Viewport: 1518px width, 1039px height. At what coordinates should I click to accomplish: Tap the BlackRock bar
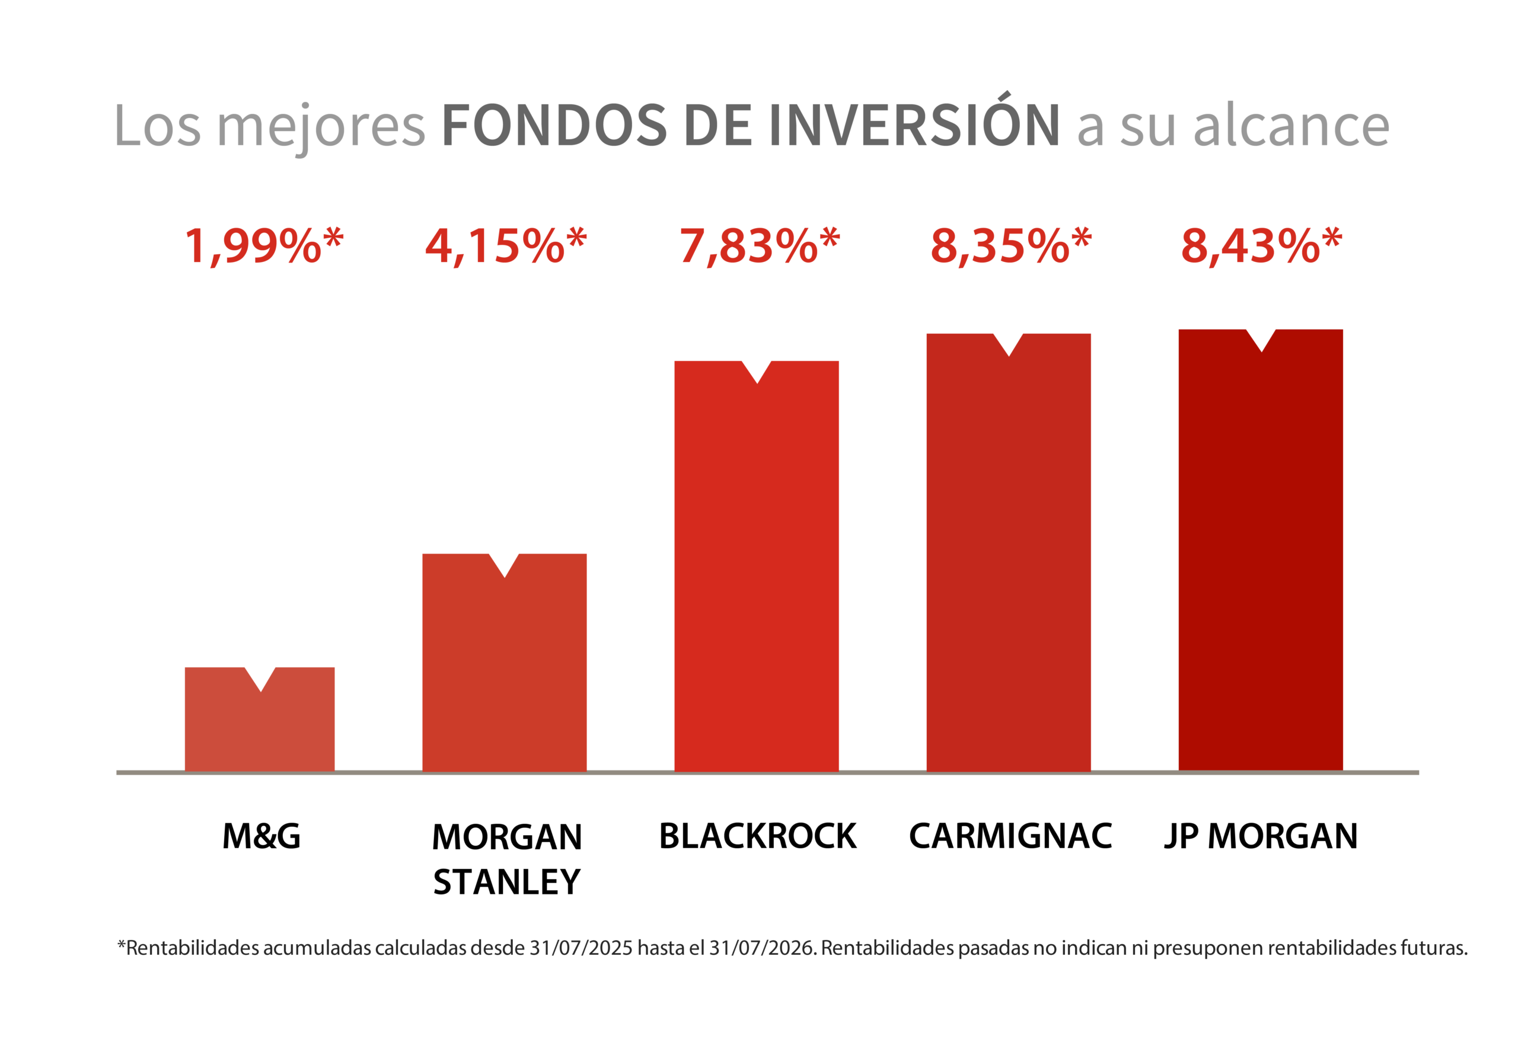click(757, 575)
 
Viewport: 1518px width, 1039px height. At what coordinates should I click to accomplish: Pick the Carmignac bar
click(1009, 562)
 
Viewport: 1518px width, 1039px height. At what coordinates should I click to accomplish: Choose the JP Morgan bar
click(1261, 559)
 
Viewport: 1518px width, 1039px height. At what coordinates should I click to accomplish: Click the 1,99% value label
click(264, 246)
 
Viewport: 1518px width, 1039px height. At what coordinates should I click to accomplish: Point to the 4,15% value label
click(506, 246)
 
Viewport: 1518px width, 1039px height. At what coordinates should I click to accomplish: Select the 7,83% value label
click(760, 246)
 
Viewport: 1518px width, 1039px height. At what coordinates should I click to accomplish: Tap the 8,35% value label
click(1011, 246)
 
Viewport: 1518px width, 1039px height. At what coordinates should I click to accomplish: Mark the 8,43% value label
click(1262, 246)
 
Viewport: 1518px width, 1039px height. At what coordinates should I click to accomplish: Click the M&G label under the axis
click(261, 836)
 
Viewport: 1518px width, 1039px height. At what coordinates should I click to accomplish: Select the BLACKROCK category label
click(758, 836)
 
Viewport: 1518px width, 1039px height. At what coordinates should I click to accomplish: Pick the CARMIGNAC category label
click(1010, 836)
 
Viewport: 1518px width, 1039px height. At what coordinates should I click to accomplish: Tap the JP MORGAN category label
click(1261, 836)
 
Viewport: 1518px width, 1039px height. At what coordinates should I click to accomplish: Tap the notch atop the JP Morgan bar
click(1261, 340)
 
